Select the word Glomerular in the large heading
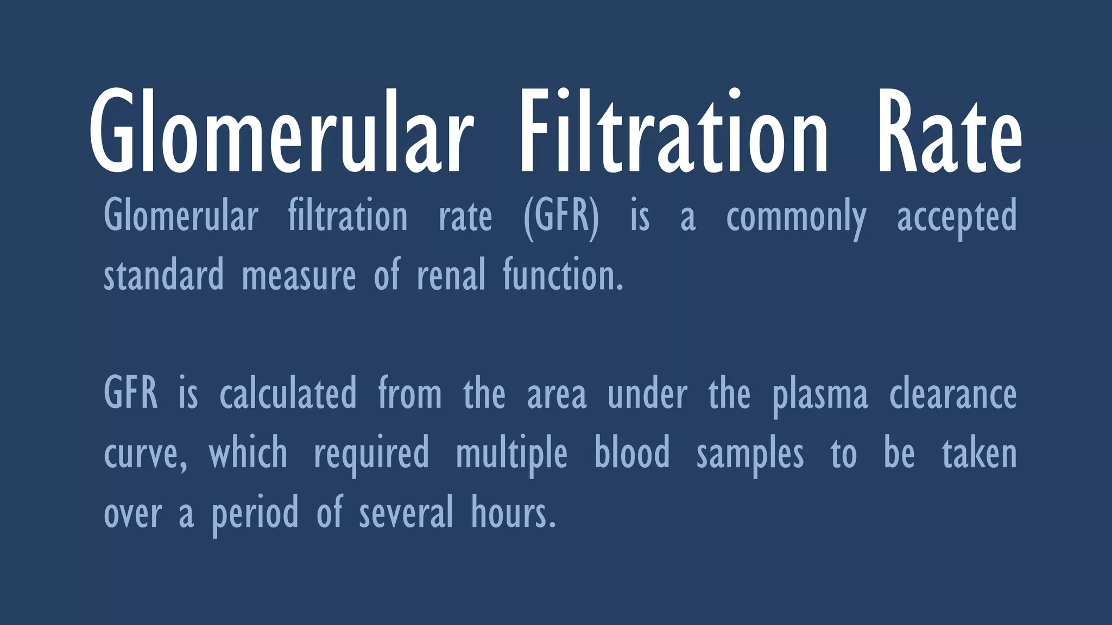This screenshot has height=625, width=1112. click(278, 133)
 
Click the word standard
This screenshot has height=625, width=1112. click(163, 275)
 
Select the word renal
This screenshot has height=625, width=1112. click(451, 275)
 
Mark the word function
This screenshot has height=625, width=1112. click(563, 275)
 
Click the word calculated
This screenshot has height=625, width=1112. click(288, 394)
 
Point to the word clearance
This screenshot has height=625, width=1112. click(952, 394)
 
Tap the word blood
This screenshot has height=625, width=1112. click(632, 453)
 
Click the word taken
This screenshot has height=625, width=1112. click(979, 453)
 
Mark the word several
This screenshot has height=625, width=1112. click(406, 513)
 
